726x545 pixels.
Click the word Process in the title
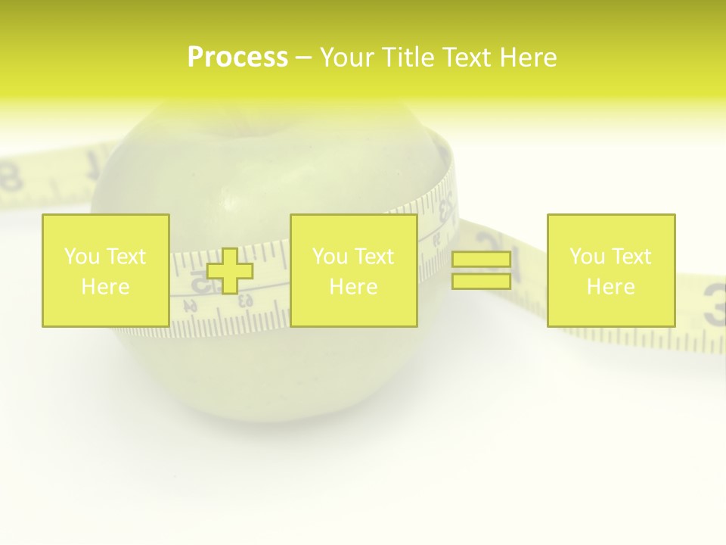click(x=237, y=58)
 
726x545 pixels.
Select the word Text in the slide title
click(x=468, y=58)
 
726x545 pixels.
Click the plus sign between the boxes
click(x=230, y=270)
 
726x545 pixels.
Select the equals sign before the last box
click(x=481, y=270)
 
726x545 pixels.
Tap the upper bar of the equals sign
click(x=481, y=260)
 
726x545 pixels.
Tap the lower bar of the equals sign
click(x=481, y=281)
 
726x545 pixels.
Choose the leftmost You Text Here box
click(x=105, y=270)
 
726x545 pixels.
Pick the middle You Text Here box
click(x=353, y=270)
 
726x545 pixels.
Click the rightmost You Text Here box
click(x=611, y=270)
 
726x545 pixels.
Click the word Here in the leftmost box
click(x=105, y=287)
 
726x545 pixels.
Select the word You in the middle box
click(x=330, y=257)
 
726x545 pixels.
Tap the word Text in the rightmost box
click(x=632, y=257)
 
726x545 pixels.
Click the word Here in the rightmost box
click(x=611, y=287)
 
